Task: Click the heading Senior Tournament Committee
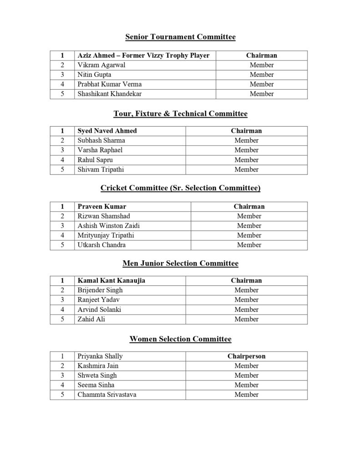(180, 37)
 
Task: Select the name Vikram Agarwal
(101, 65)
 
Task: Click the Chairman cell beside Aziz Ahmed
(261, 56)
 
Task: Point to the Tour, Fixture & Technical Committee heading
(180, 113)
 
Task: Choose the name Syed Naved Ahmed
(107, 131)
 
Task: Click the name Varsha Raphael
(100, 150)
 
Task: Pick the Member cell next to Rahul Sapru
(246, 160)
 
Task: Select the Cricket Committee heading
(180, 188)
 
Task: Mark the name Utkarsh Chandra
(101, 245)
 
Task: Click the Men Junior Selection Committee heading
(180, 263)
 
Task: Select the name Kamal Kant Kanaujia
(112, 281)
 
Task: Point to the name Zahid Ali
(91, 319)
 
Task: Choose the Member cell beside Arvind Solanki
(246, 309)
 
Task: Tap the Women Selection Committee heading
(180, 339)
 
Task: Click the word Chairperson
(246, 356)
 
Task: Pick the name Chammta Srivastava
(106, 395)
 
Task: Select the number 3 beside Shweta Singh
(62, 375)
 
